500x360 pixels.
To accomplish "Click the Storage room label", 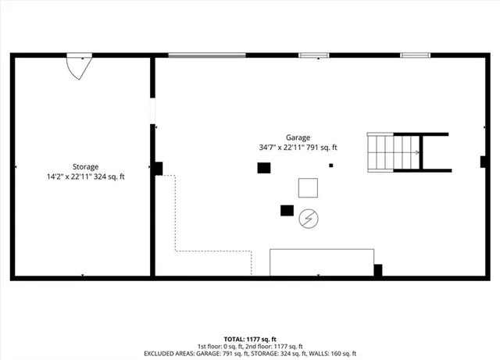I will pyautogui.click(x=85, y=166).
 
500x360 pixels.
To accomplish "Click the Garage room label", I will pyautogui.click(x=298, y=137).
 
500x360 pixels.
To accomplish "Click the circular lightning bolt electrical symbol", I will pyautogui.click(x=308, y=219).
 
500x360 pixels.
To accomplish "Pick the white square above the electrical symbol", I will pyautogui.click(x=308, y=188).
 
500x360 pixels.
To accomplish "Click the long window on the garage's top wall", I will pyautogui.click(x=207, y=55).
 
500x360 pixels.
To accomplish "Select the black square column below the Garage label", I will pyautogui.click(x=264, y=167).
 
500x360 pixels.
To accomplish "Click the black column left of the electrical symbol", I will pyautogui.click(x=287, y=210).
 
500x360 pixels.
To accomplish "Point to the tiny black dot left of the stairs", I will pyautogui.click(x=331, y=165).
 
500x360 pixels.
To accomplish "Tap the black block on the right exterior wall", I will pyautogui.click(x=483, y=162).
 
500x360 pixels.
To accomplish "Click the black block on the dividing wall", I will pyautogui.click(x=157, y=168).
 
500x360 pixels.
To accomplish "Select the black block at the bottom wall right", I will pyautogui.click(x=378, y=271).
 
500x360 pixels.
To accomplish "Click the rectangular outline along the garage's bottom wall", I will pyautogui.click(x=321, y=262).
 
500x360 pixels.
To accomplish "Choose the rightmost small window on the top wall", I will pyautogui.click(x=415, y=55).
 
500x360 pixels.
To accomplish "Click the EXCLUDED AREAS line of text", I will pyautogui.click(x=250, y=354).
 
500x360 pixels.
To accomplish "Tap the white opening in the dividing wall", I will pyautogui.click(x=153, y=109).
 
